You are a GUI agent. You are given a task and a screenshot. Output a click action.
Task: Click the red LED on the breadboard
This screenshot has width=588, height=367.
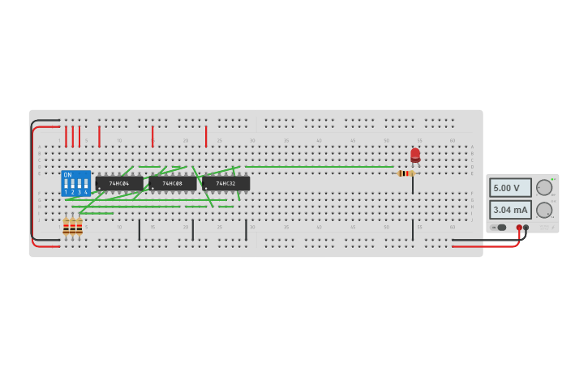click(415, 155)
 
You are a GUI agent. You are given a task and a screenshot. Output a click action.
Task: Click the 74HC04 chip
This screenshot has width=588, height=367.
click(119, 184)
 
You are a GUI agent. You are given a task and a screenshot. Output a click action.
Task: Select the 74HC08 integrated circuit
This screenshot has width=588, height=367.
click(172, 184)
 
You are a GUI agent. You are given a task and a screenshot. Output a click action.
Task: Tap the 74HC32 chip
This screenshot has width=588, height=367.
click(226, 184)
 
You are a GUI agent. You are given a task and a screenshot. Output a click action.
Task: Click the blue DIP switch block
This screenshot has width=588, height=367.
click(75, 183)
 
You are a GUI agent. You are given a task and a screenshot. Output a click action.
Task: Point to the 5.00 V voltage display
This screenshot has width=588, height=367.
click(509, 188)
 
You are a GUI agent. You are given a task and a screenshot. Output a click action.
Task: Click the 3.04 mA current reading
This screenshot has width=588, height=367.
click(509, 210)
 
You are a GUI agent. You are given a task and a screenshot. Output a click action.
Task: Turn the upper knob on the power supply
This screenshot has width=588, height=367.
click(543, 188)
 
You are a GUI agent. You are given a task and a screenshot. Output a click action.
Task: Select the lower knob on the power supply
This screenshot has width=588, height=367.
click(543, 210)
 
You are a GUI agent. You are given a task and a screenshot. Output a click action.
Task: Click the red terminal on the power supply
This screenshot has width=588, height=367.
click(519, 228)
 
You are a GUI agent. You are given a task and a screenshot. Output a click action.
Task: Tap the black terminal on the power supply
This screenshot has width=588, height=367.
click(526, 228)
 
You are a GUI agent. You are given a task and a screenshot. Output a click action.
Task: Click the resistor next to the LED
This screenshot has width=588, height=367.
click(406, 173)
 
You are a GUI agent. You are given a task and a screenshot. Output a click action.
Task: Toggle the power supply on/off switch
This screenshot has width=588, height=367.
click(499, 228)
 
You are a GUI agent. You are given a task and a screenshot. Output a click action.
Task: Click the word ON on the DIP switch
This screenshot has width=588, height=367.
click(67, 175)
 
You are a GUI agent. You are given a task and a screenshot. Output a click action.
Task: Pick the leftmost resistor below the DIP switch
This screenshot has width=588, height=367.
click(66, 226)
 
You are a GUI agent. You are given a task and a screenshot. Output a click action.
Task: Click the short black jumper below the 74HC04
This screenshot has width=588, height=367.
click(139, 229)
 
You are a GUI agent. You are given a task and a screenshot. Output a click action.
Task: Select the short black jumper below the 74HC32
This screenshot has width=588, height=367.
click(246, 229)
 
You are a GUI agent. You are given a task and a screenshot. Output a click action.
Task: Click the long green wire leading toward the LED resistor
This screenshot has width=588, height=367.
click(324, 167)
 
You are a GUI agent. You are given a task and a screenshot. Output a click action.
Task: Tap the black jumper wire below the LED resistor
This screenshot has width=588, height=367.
click(412, 229)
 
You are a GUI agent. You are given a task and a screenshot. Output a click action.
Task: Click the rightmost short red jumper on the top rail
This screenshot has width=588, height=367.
click(206, 136)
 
